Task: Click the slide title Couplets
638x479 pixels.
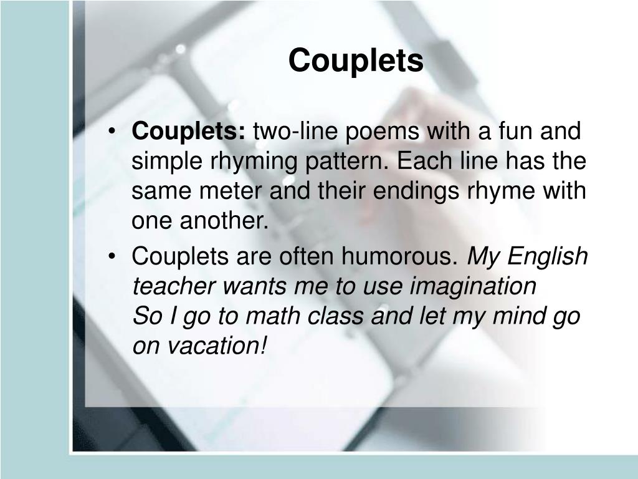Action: (x=356, y=60)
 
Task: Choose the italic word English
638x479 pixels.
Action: (x=546, y=256)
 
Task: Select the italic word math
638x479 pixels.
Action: (x=270, y=316)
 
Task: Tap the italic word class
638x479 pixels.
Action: (x=334, y=316)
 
